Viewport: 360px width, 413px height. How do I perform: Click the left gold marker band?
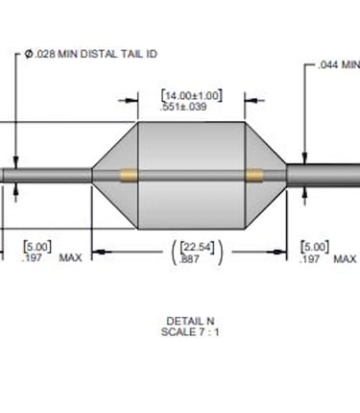(129, 176)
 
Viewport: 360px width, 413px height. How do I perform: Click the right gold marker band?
(254, 176)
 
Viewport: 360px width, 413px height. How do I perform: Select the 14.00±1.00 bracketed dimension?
(191, 96)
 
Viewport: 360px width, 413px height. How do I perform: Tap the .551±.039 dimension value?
(183, 107)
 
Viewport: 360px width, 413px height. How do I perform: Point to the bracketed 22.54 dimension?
(197, 247)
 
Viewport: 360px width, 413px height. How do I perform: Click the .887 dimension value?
(189, 258)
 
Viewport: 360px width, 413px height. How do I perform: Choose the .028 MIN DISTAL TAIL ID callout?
(91, 54)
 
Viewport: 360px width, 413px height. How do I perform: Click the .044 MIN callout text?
(339, 64)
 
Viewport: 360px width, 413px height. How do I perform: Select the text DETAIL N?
(190, 321)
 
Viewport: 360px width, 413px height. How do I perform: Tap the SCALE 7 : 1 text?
(190, 332)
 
